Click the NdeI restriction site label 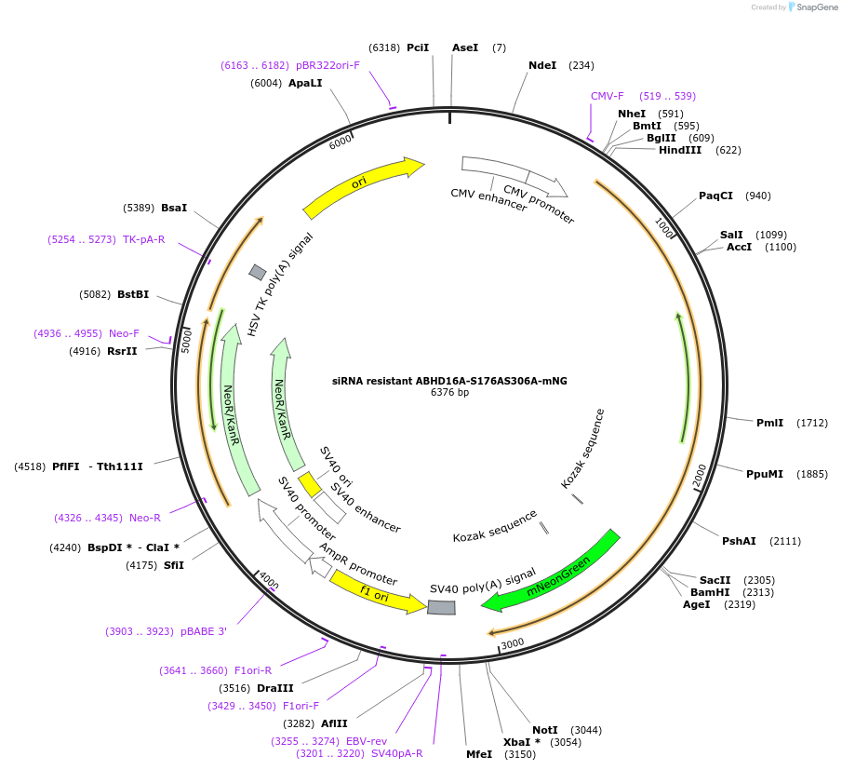(542, 65)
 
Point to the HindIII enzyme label (680, 150)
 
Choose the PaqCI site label (715, 196)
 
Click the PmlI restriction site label (769, 423)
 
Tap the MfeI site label (479, 754)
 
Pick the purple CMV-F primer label (608, 96)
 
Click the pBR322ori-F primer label (327, 65)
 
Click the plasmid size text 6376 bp (449, 393)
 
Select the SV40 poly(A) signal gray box (441, 607)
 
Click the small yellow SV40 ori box (309, 484)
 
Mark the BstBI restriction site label (133, 295)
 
